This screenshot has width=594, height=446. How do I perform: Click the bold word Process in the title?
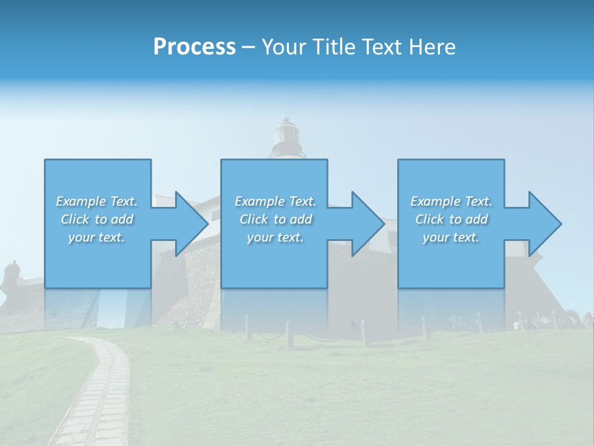point(194,47)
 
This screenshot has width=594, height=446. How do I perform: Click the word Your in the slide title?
point(284,47)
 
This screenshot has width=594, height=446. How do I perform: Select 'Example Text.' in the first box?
point(97,201)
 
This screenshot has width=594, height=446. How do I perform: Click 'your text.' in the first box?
point(97,237)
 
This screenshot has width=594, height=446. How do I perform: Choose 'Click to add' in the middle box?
point(275,219)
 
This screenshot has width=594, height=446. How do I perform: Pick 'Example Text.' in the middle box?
point(275,201)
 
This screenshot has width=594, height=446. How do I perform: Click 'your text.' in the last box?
point(451,237)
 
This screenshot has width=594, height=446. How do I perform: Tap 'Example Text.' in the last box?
point(451,201)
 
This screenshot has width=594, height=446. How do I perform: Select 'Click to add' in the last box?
point(451,219)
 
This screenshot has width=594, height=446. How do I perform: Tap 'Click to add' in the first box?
point(97,219)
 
